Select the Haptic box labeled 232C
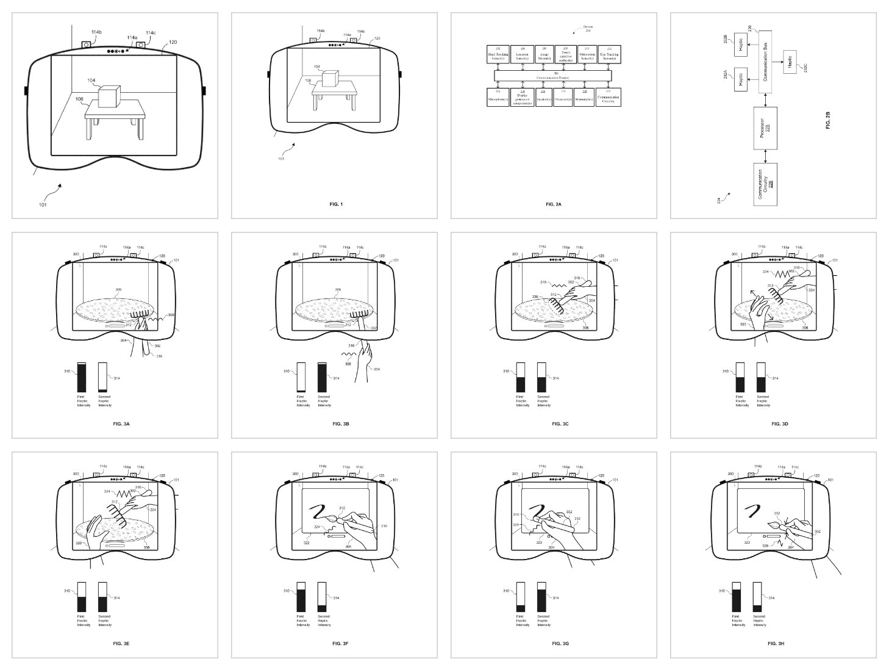pos(791,62)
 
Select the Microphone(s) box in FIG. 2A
pos(498,98)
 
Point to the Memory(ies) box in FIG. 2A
pos(586,98)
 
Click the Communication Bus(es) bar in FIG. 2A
pos(554,76)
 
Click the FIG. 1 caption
pos(334,204)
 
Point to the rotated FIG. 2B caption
pos(827,120)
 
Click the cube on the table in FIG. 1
pos(330,79)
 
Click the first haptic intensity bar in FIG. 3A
pos(81,377)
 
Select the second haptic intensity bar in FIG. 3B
pos(323,377)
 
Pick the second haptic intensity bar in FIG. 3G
pos(542,597)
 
